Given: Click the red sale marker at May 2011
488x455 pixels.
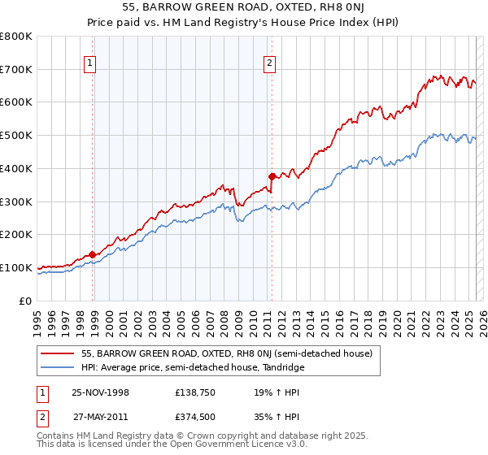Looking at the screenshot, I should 272,175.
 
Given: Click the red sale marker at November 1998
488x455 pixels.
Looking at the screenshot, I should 93,254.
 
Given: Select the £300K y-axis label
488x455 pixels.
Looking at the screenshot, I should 16,201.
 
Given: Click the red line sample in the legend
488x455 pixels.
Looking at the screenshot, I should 58,353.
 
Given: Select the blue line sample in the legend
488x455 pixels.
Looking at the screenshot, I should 58,367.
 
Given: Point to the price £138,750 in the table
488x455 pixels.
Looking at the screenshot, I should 193,392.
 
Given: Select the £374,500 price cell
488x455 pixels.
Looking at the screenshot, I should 193,417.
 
